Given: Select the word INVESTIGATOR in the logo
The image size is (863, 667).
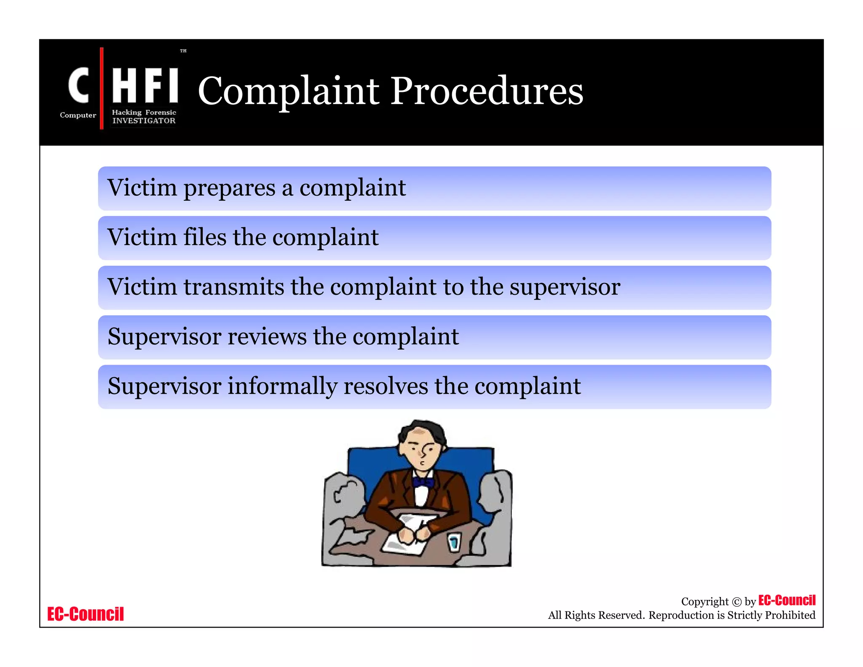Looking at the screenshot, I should point(144,121).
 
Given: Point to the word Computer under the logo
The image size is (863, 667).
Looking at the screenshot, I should point(78,115).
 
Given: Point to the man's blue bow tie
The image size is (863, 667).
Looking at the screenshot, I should point(423,482).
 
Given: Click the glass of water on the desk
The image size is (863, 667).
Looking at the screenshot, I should point(454,542).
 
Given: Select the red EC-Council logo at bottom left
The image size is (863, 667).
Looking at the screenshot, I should point(86,614).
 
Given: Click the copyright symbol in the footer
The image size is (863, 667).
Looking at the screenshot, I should point(737,602).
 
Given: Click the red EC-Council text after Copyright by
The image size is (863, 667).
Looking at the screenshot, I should point(787,600).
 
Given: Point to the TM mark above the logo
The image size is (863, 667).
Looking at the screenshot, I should point(183,51).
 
